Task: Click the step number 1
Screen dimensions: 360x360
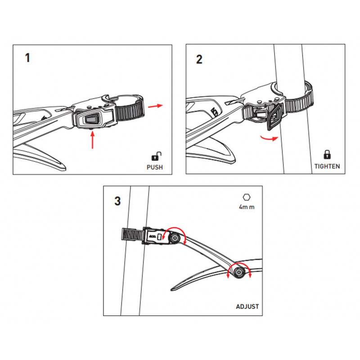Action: pyautogui.click(x=27, y=58)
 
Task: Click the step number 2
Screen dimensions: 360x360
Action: pyautogui.click(x=199, y=59)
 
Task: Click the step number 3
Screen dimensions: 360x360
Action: pyautogui.click(x=117, y=201)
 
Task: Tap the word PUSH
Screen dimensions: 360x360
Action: pyautogui.click(x=155, y=167)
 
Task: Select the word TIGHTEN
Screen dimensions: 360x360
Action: pyautogui.click(x=327, y=166)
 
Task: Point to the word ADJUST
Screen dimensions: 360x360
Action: pyautogui.click(x=247, y=306)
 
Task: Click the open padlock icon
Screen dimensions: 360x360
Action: pyautogui.click(x=156, y=156)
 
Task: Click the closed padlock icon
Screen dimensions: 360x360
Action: pyautogui.click(x=327, y=155)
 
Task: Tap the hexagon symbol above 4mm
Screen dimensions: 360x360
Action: pyautogui.click(x=247, y=197)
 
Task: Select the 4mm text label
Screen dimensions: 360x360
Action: pyautogui.click(x=247, y=207)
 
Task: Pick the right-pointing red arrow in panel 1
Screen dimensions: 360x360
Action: pyautogui.click(x=155, y=106)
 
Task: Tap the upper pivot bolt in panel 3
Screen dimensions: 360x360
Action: pyautogui.click(x=175, y=238)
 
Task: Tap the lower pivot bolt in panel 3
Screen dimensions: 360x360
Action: pyautogui.click(x=239, y=273)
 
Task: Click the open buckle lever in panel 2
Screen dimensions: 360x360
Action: pyautogui.click(x=275, y=117)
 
